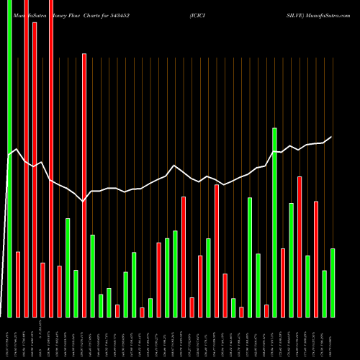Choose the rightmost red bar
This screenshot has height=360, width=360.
[x=316, y=258]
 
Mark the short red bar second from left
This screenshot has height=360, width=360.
[x=18, y=284]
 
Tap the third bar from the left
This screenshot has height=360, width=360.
[x=26, y=158]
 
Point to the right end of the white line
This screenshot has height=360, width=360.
[x=332, y=137]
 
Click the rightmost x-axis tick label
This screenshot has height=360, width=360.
[x=333, y=338]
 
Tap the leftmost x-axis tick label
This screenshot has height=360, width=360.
[x=9, y=338]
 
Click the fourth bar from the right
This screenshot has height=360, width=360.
[x=307, y=286]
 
